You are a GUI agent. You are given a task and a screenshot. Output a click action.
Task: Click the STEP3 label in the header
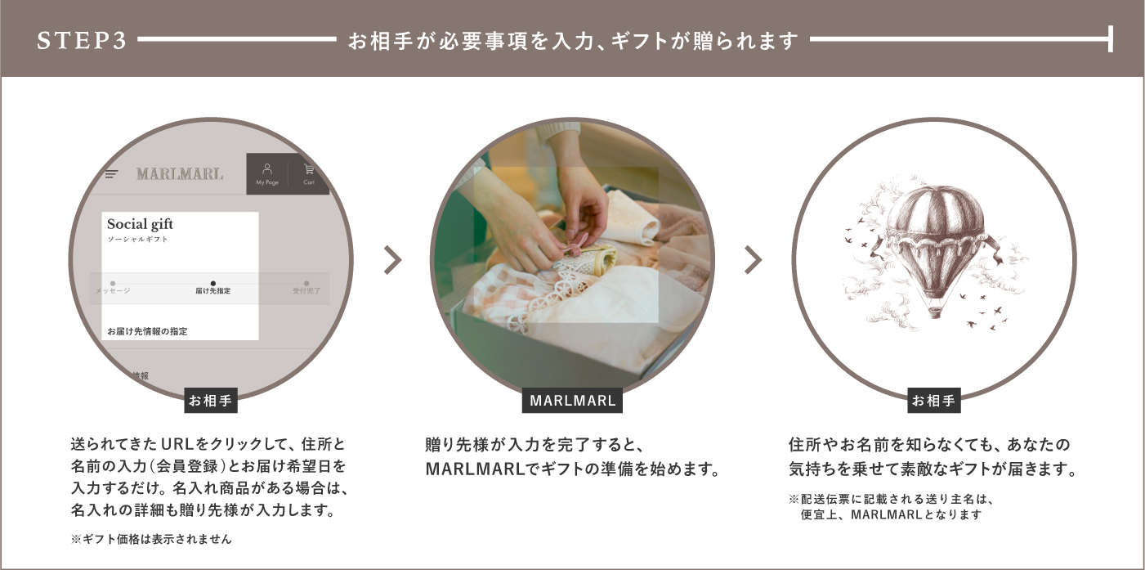point(82,40)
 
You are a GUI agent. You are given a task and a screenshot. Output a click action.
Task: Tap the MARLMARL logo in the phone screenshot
point(180,174)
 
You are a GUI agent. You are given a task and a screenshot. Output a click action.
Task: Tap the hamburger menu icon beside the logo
point(112,174)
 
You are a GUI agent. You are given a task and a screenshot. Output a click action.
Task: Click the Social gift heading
point(140,224)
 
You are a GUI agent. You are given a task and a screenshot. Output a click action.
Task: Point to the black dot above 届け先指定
point(212,282)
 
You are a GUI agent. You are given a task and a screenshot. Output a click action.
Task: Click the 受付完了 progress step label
point(306,291)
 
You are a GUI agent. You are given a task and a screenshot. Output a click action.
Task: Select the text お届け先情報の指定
point(147,331)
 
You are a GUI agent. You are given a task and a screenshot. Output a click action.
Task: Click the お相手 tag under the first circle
point(211,401)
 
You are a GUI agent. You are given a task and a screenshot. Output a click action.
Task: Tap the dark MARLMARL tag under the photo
point(572,401)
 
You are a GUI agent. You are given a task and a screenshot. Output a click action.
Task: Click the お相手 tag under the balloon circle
point(933,401)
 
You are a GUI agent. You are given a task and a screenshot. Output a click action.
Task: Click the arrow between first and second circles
point(393,260)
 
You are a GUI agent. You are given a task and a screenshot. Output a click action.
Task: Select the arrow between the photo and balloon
point(753,260)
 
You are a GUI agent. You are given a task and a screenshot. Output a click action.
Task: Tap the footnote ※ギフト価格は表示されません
point(151,539)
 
